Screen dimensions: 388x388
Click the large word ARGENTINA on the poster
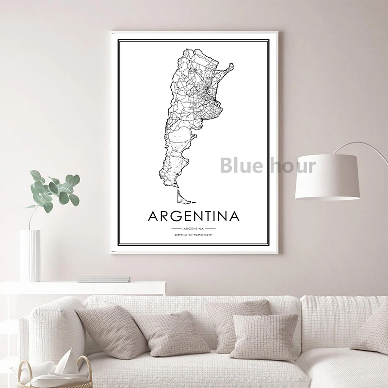pyautogui.click(x=197, y=215)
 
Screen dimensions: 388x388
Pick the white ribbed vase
pyautogui.click(x=30, y=256)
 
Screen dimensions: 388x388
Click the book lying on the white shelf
pyautogui.click(x=103, y=279)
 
